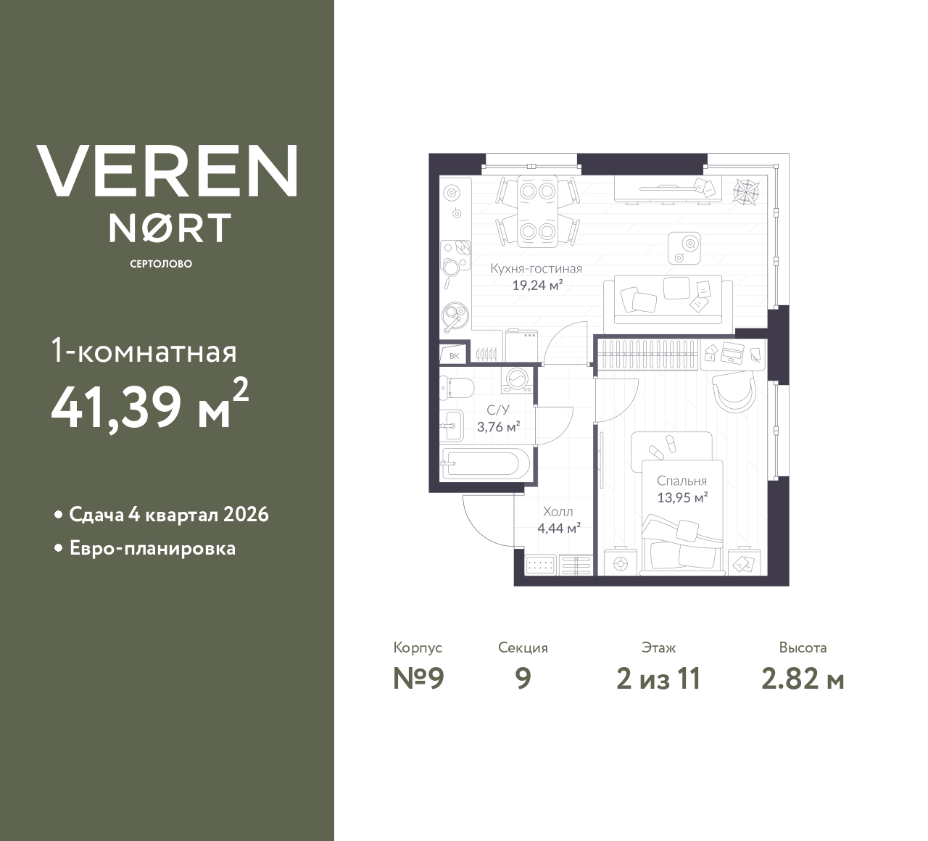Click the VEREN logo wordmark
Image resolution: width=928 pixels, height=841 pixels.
click(167, 171)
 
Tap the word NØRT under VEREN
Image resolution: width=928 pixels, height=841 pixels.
click(170, 228)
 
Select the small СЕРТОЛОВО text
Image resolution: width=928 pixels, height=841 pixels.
click(161, 264)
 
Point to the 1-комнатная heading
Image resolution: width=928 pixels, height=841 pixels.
click(144, 352)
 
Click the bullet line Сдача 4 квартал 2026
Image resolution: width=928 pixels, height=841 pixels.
click(169, 515)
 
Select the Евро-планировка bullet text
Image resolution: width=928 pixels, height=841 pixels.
click(152, 548)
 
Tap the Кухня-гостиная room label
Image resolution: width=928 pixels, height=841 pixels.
click(536, 268)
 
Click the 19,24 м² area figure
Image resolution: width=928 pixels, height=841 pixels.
click(537, 285)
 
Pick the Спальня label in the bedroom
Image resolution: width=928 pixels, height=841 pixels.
click(681, 481)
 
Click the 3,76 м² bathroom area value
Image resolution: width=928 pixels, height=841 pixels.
click(498, 426)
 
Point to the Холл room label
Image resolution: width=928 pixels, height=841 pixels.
click(558, 512)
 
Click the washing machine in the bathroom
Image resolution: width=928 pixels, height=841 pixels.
click(518, 379)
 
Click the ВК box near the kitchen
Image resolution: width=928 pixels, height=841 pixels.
click(454, 355)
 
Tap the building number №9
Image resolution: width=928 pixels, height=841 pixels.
click(418, 679)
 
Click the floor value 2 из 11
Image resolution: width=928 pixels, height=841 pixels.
click(658, 679)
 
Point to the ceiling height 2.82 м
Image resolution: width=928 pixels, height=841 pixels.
click(803, 679)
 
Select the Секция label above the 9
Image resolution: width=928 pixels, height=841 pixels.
click(523, 647)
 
